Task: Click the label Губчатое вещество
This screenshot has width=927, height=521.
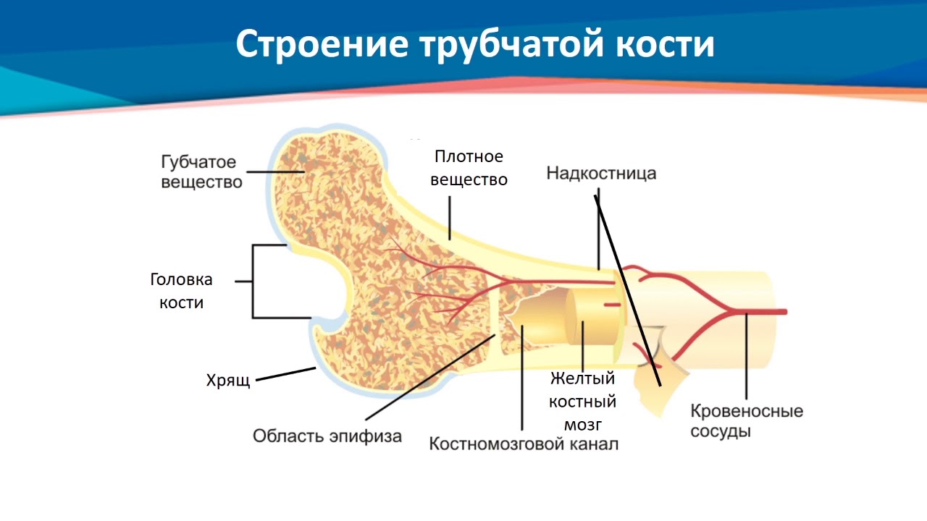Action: click(x=201, y=172)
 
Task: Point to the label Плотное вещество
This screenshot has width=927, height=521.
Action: click(x=469, y=168)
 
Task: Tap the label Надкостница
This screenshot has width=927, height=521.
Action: click(x=601, y=174)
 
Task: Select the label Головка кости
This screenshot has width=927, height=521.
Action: click(x=181, y=291)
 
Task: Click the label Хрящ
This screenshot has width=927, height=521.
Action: click(x=228, y=381)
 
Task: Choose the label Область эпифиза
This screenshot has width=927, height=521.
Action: click(x=327, y=436)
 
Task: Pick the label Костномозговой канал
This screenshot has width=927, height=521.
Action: click(x=524, y=444)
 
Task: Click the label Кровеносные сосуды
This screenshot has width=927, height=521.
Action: click(x=747, y=421)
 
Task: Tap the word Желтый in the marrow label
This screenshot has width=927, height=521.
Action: click(x=583, y=378)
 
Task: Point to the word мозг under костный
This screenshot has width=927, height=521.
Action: click(x=583, y=424)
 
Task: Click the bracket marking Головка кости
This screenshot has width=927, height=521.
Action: click(x=253, y=281)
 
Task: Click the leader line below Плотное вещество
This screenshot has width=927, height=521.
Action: click(x=450, y=218)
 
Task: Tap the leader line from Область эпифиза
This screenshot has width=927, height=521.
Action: click(x=427, y=376)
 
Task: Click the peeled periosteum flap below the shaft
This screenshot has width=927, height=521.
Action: click(x=655, y=391)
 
